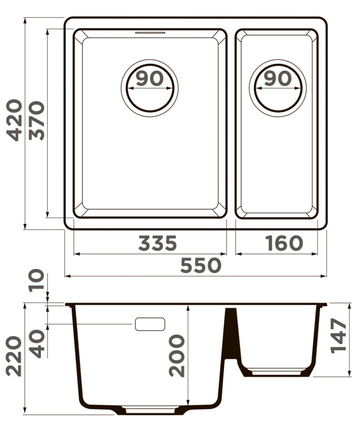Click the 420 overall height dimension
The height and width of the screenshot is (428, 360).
click(14, 120)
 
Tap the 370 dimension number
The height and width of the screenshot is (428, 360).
click(36, 121)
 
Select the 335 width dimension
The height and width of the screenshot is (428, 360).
click(158, 243)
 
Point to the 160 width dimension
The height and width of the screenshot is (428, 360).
click(283, 243)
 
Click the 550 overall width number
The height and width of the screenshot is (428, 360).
click(201, 265)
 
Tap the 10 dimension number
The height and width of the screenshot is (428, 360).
click(36, 280)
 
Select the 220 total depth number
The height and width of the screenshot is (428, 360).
click(14, 357)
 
